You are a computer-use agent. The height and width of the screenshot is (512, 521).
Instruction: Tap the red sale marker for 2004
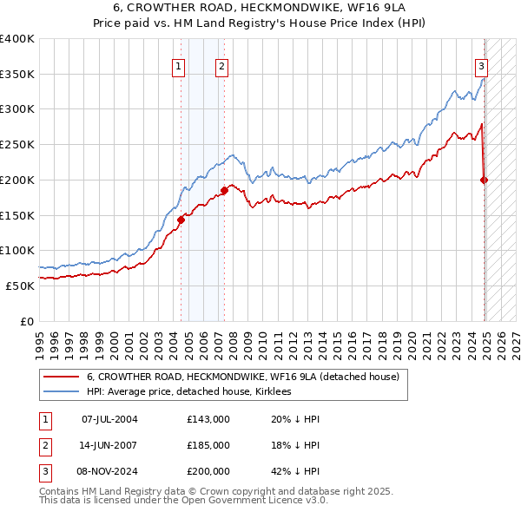[x=181, y=220]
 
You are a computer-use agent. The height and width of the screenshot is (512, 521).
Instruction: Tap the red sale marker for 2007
[x=224, y=190]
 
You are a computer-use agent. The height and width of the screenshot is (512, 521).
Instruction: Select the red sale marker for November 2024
[x=485, y=180]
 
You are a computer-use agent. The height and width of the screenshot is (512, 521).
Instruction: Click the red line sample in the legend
[x=60, y=377]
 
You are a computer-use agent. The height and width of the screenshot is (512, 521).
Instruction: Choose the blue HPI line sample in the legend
[x=60, y=391]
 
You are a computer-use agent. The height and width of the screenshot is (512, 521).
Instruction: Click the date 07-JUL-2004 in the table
[x=109, y=420]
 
